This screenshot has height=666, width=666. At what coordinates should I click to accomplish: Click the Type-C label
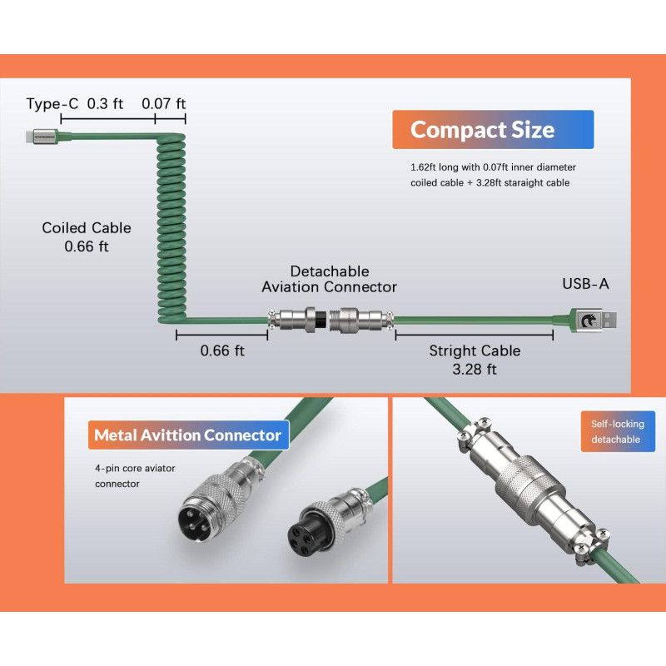(52, 103)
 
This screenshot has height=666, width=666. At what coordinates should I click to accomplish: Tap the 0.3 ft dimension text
(105, 103)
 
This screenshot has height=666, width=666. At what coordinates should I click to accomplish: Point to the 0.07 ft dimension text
(163, 103)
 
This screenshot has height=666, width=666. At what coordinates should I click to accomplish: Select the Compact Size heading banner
(493, 130)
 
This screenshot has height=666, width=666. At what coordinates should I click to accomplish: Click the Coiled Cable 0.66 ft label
(87, 236)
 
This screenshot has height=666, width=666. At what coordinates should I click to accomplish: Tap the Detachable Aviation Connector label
(329, 279)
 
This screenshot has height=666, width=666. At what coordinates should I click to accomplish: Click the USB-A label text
(585, 284)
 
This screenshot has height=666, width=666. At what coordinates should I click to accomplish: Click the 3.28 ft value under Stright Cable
(475, 369)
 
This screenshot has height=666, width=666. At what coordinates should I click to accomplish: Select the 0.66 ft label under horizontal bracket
(222, 350)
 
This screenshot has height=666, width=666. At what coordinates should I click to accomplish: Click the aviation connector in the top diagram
(331, 320)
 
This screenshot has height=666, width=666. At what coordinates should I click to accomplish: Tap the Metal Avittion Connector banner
(187, 435)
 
